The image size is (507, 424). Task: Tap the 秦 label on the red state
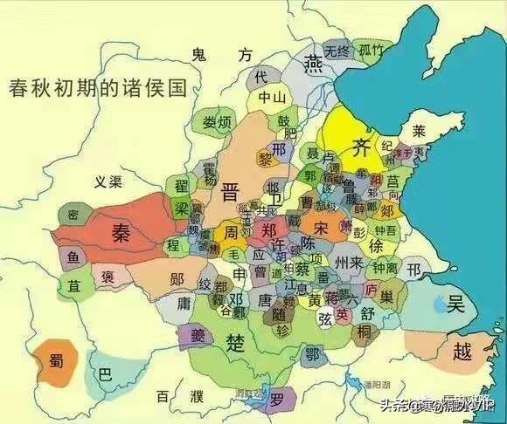(121, 232)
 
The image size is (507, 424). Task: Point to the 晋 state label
(233, 192)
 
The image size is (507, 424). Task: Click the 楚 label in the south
(233, 339)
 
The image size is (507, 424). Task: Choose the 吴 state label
(456, 304)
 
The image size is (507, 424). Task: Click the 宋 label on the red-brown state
(322, 229)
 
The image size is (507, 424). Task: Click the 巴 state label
(106, 377)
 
